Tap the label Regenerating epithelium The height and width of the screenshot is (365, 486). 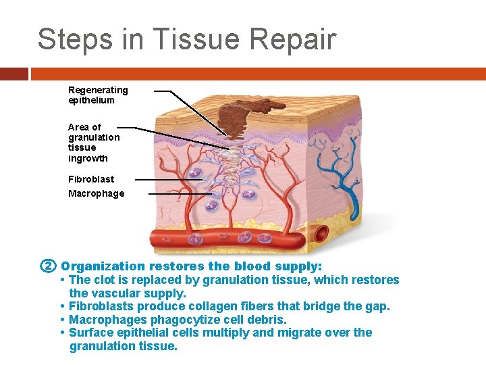98,95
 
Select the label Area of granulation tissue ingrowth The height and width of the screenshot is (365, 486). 94,143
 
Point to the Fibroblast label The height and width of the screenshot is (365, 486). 91,179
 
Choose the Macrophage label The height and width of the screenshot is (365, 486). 97,194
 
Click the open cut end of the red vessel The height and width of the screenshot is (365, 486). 322,235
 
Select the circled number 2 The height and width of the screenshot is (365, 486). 47,266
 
